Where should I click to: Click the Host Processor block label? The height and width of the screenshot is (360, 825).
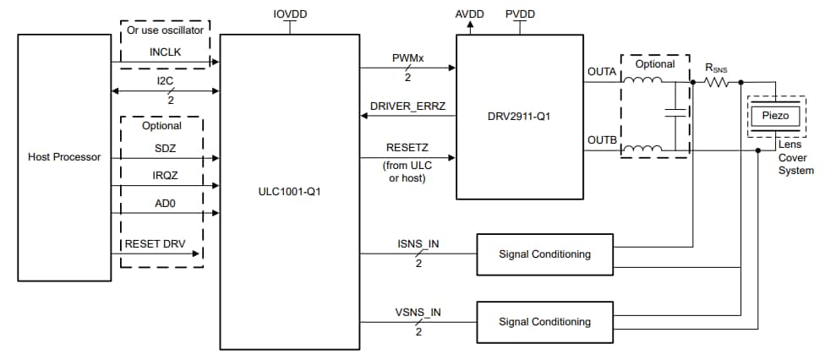pos(64,157)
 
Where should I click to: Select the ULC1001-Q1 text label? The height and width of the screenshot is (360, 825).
pos(287,192)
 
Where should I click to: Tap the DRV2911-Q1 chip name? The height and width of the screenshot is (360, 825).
pos(519,116)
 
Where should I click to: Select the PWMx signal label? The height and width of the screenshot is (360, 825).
pos(407,58)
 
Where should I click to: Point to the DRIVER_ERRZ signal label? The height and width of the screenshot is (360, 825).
pos(407,106)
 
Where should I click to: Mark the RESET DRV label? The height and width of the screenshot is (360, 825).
pos(156,243)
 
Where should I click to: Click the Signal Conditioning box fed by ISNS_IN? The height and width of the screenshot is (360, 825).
pos(544,254)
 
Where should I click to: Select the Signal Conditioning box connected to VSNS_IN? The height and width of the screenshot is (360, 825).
pos(544,321)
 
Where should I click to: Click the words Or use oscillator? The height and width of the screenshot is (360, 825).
pos(165,30)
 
